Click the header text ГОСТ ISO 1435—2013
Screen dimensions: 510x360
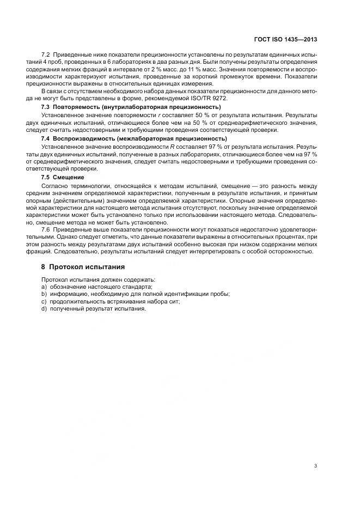[x=285, y=40]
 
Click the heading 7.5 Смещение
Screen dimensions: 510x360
[x=63, y=178]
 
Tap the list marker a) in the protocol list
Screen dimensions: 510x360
[x=44, y=287]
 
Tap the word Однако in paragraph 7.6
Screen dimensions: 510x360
[x=77, y=238]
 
